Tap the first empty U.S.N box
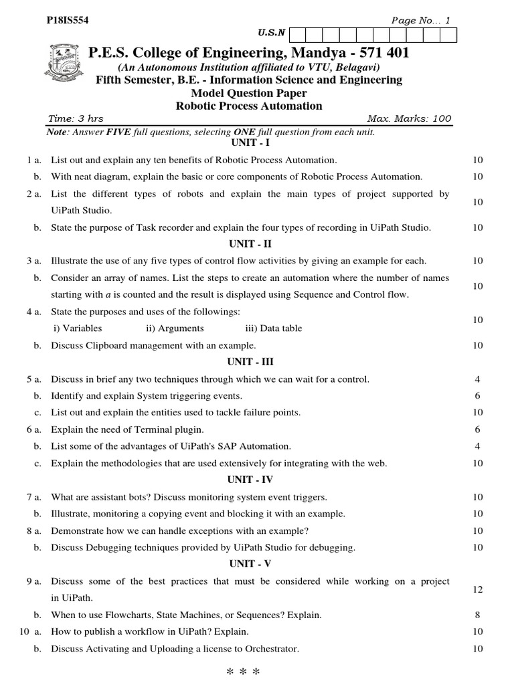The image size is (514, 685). click(296, 34)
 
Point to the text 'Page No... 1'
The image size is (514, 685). click(421, 21)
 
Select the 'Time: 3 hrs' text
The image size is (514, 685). click(76, 119)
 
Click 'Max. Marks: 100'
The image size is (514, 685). click(410, 119)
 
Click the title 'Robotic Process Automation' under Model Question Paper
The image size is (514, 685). click(249, 106)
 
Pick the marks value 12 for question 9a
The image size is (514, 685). click(477, 589)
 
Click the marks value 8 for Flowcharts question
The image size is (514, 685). click(477, 615)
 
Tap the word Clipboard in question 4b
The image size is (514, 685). click(107, 346)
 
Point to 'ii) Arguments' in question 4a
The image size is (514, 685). click(175, 328)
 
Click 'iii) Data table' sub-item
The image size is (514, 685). click(273, 328)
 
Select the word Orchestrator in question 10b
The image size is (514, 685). click(273, 649)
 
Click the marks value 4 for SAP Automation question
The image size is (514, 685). click(477, 446)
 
